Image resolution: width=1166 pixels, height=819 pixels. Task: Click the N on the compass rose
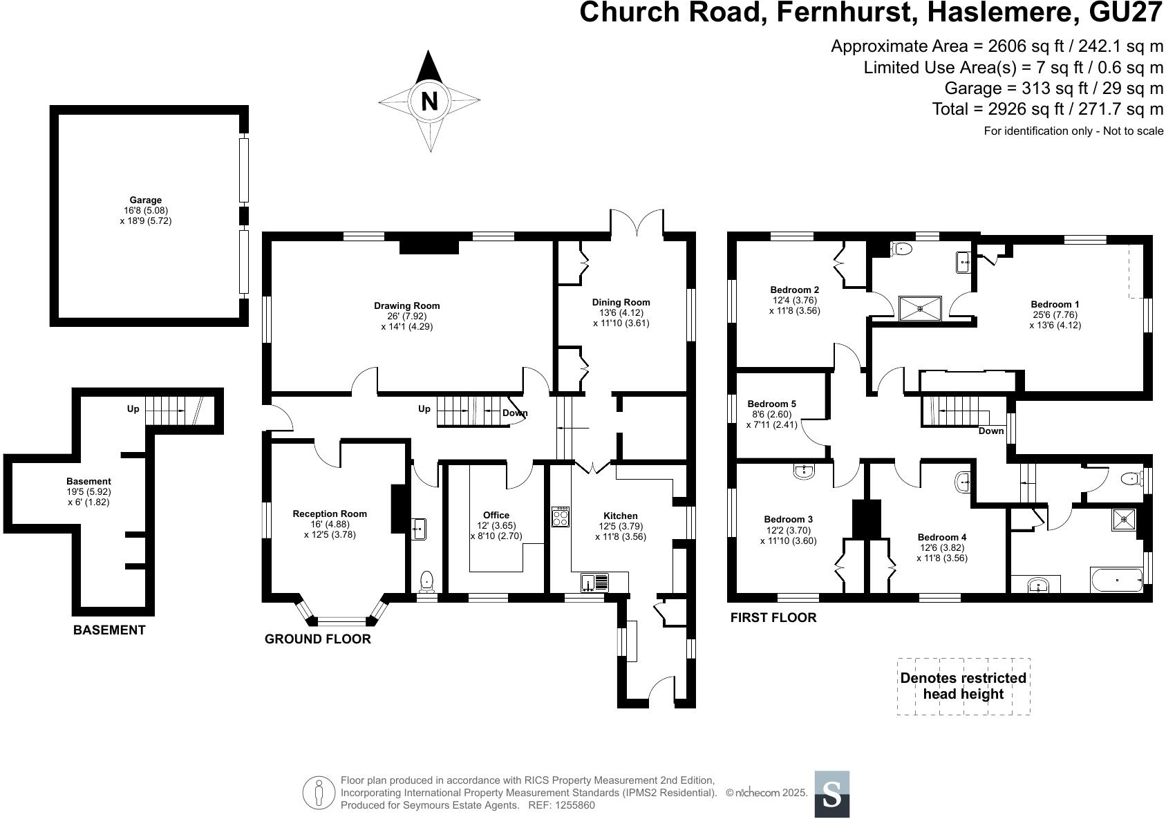point(429,102)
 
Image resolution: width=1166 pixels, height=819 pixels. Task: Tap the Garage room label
point(145,200)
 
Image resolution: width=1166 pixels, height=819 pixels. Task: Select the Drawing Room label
point(406,305)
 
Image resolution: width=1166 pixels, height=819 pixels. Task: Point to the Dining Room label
point(621,302)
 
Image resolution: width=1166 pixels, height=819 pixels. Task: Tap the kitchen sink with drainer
point(595,582)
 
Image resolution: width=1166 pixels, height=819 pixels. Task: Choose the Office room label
point(496,515)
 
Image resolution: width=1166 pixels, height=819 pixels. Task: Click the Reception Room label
point(330,514)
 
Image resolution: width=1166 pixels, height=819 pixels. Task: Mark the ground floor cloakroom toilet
point(426,581)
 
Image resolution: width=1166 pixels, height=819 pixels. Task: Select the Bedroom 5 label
point(771,404)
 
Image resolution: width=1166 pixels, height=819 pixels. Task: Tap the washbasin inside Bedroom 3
point(804,471)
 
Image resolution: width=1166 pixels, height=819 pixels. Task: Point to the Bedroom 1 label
point(1055,304)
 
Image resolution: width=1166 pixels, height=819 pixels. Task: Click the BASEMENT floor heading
point(109,630)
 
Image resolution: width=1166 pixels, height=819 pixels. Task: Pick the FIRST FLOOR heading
point(773,618)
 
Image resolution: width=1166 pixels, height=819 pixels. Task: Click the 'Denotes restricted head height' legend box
point(963,686)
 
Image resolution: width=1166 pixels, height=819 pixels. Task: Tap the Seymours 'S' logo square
point(831,794)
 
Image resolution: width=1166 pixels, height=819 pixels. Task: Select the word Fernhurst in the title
point(840,12)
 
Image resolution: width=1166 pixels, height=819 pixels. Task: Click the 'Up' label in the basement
point(133,408)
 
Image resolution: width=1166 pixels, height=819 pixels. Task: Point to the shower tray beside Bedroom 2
point(919,308)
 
